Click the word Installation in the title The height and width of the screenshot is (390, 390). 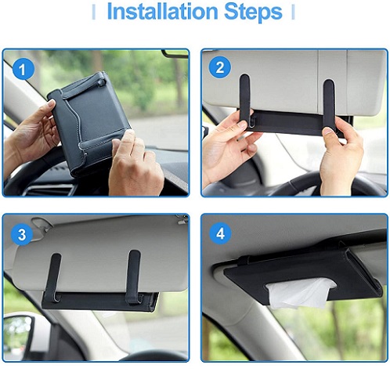162,12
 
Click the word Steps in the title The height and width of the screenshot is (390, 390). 253,12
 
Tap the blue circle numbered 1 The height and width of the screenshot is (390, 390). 23,70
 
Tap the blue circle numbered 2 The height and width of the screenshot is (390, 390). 219,67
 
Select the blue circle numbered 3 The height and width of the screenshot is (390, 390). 22,234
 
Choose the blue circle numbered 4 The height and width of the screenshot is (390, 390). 220,233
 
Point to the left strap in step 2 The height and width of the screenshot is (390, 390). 245,100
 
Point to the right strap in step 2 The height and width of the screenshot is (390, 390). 329,104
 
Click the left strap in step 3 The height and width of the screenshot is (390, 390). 54,277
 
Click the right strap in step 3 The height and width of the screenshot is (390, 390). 133,276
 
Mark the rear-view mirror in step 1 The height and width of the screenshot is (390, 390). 175,53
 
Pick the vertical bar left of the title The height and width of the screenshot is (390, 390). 94,13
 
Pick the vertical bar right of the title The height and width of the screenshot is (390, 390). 294,13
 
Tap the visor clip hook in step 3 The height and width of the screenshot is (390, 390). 41,224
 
